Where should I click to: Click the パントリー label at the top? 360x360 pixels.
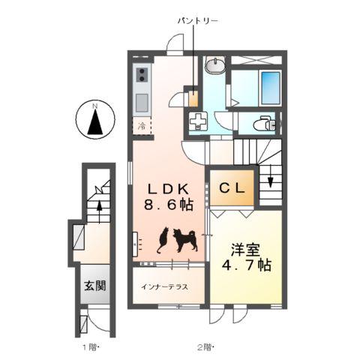click(x=197, y=21)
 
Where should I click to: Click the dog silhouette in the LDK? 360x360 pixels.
click(x=184, y=241)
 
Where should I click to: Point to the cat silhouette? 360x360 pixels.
click(x=163, y=240)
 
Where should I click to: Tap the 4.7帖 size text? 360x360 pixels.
click(x=245, y=265)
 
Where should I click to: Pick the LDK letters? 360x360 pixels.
click(x=168, y=187)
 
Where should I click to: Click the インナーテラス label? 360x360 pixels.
click(x=162, y=287)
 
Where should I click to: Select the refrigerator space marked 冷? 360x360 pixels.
click(x=142, y=125)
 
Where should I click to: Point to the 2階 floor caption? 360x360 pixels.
click(x=205, y=347)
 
